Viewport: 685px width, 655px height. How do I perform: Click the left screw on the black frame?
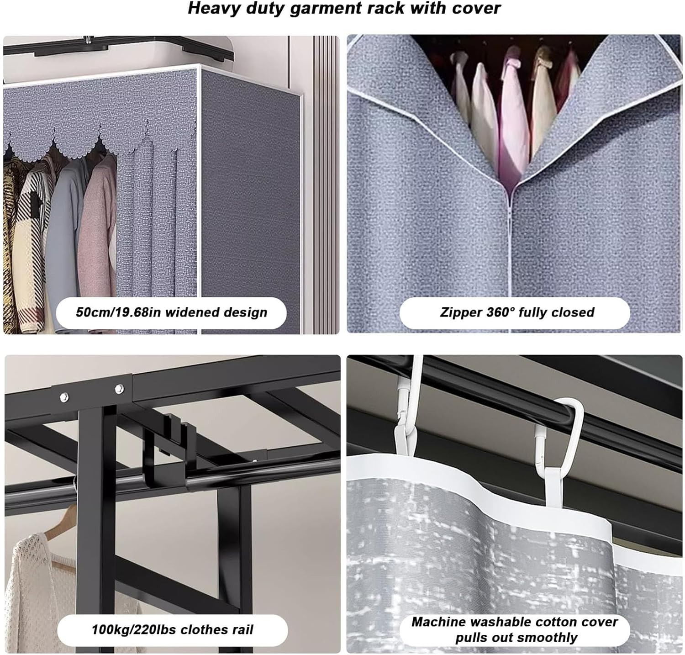pos(63,397)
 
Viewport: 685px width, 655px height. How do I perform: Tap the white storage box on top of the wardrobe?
pos(119,48)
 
